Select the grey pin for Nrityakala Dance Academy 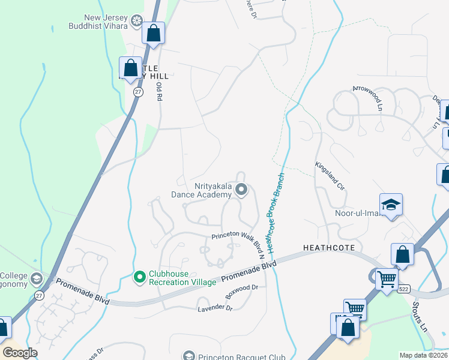point(241,190)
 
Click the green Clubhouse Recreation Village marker point(140,277)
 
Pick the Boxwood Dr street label point(241,292)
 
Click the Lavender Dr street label point(215,308)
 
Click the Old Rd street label point(160,92)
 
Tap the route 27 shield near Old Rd point(138,92)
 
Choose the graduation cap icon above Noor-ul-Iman point(390,205)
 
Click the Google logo point(20,352)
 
